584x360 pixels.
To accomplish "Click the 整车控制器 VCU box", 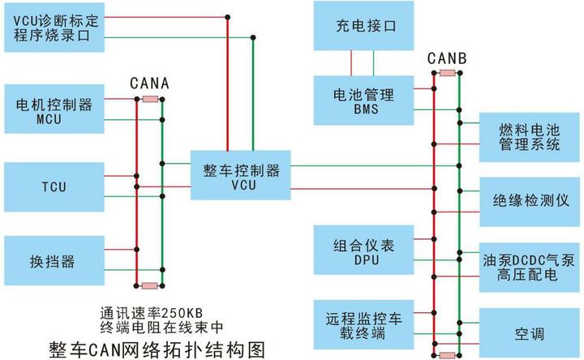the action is (x=241, y=175).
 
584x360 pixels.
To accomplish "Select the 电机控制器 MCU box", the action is (x=54, y=109).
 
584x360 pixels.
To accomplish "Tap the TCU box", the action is (x=54, y=186).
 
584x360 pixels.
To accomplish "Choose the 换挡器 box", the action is (x=54, y=260).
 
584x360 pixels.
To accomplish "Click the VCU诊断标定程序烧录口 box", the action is (x=54, y=28).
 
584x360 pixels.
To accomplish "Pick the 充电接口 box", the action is (x=363, y=26).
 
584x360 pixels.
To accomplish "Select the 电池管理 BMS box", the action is (x=363, y=101).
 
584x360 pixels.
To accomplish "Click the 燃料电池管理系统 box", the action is (x=529, y=137).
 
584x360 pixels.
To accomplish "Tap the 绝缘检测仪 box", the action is (x=529, y=202).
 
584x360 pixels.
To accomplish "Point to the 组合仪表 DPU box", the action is (x=363, y=250).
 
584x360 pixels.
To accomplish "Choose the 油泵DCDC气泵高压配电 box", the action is (x=529, y=268).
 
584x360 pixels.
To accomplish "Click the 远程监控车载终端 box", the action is (x=363, y=324).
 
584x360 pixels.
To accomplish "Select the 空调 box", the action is (x=529, y=332).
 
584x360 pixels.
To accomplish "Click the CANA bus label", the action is (x=150, y=84).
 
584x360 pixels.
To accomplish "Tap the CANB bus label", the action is (x=447, y=58).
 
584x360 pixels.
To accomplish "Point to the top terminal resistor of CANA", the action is (x=151, y=99).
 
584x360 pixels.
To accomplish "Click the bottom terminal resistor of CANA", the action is (x=150, y=286).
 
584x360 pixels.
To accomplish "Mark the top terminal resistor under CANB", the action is (x=447, y=73).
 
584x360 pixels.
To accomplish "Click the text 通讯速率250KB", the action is (x=152, y=313).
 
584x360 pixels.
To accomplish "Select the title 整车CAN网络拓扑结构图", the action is (x=157, y=349).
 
